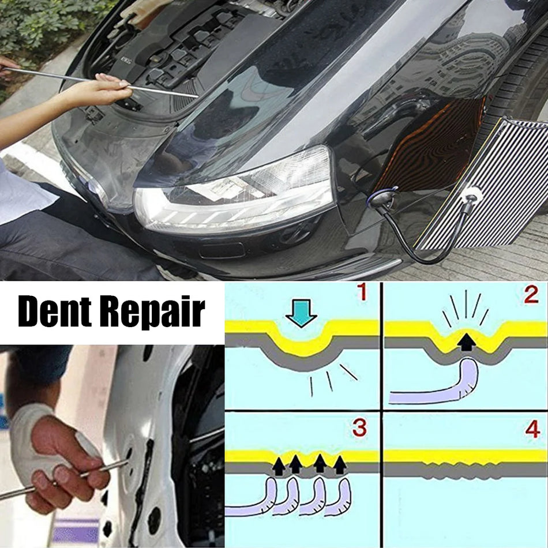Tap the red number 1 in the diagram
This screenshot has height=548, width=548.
point(362,292)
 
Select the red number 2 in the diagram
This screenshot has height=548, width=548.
point(531,295)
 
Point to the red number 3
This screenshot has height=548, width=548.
point(360,427)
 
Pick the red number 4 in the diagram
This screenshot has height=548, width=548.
point(531,429)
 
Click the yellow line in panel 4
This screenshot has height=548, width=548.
point(464,456)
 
